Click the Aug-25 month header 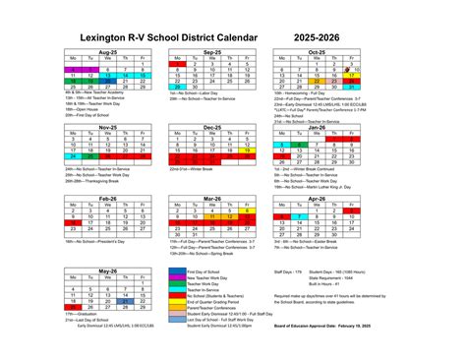tap(107, 52)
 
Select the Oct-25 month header tap(316, 52)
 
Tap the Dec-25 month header tap(211, 127)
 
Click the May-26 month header tap(107, 270)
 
